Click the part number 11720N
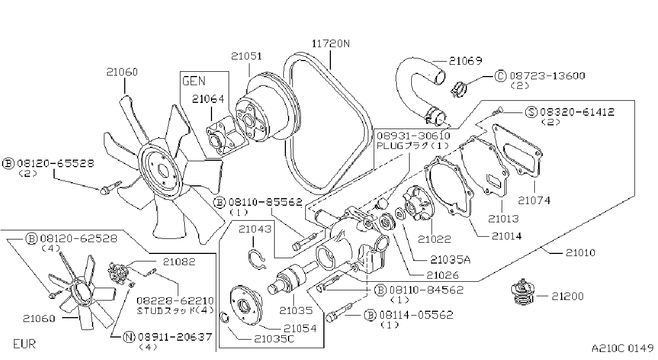tap(330, 44)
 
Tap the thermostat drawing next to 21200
tap(523, 292)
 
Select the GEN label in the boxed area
tap(194, 81)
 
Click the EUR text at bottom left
tap(25, 344)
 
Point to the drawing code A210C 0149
tap(622, 348)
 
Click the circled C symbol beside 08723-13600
tap(501, 76)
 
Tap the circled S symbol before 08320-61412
tap(531, 112)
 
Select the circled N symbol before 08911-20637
tap(128, 337)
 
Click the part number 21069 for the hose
tap(466, 61)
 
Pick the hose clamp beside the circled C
tap(458, 89)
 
